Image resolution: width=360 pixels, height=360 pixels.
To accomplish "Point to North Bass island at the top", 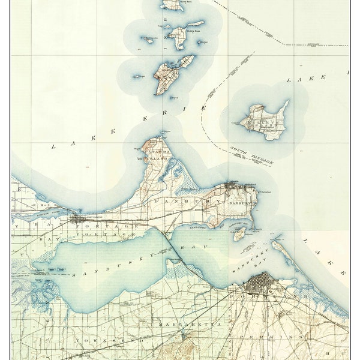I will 172,5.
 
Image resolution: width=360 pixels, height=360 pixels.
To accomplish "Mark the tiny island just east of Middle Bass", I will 204,43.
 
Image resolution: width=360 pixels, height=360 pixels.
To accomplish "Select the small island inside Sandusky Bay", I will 239,235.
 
